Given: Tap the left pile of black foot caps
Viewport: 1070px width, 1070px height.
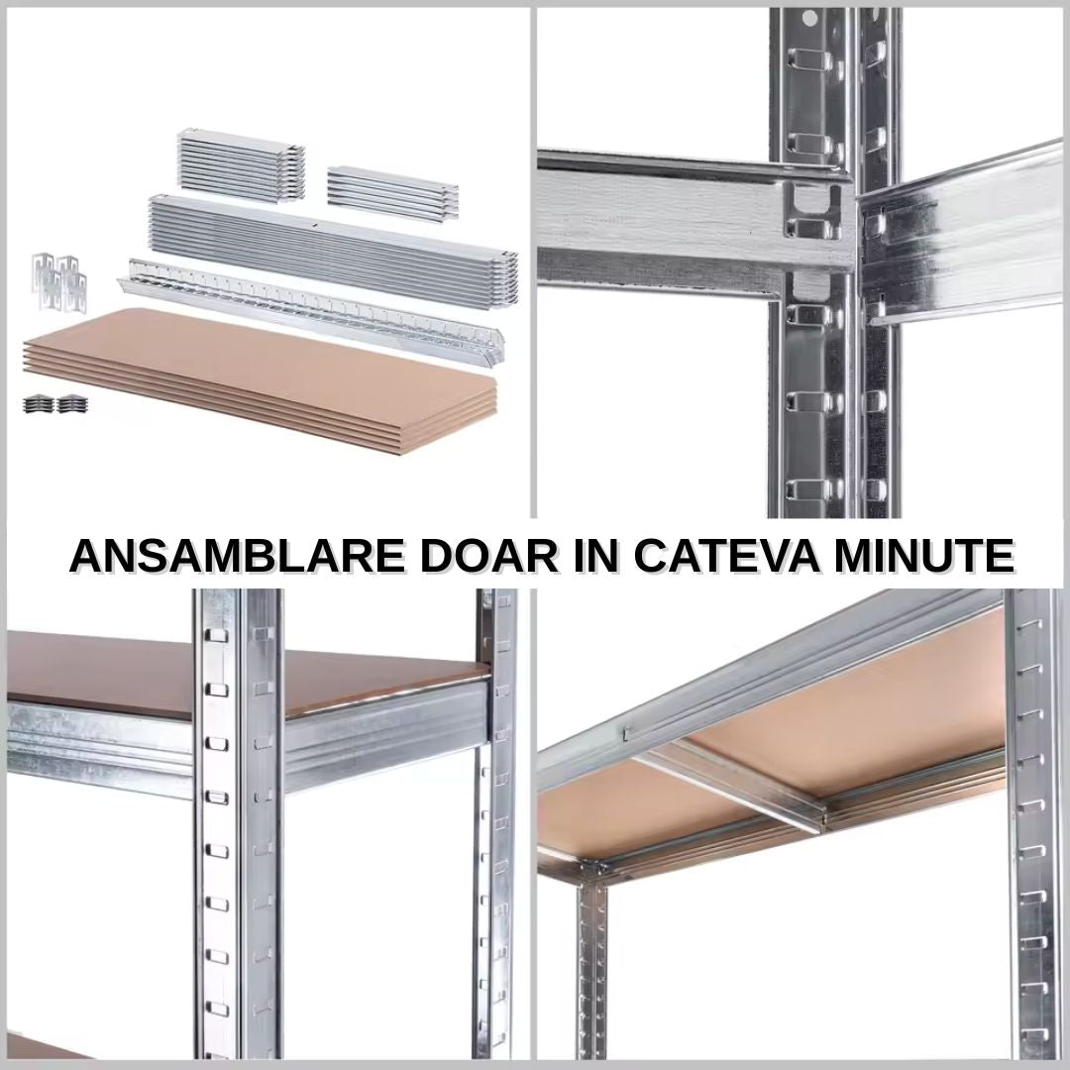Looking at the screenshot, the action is point(39,404).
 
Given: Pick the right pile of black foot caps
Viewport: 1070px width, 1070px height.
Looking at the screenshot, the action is point(71,404).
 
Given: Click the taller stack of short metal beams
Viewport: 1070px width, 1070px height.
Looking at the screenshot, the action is point(241,164).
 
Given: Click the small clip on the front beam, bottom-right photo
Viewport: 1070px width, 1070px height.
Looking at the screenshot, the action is point(625,733).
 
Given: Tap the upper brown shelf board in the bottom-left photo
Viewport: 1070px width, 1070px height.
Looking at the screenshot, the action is point(246,672).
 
